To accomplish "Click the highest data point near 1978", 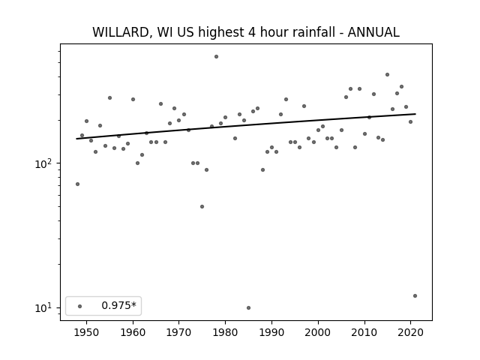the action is coord(216,57).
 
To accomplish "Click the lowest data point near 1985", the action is coord(248,307).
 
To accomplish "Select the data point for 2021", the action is coord(415,295).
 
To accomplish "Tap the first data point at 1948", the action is coord(77,184).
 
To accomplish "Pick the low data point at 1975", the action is coord(202,207).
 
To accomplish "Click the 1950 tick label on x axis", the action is coord(87,332).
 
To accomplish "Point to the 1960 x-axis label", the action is coord(133,332).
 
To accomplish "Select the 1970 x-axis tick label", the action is coord(179,332).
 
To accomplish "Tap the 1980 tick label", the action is coord(225,332).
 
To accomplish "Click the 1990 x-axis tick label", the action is coord(271,332).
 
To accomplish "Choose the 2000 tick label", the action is coord(318,332).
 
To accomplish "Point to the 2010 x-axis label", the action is coord(364,332).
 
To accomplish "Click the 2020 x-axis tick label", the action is coord(411,332).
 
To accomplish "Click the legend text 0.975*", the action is coord(118,305).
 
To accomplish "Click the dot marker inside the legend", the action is coord(80,306).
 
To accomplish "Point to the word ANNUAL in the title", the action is coord(373,32).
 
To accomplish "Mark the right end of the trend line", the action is coord(415,114).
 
